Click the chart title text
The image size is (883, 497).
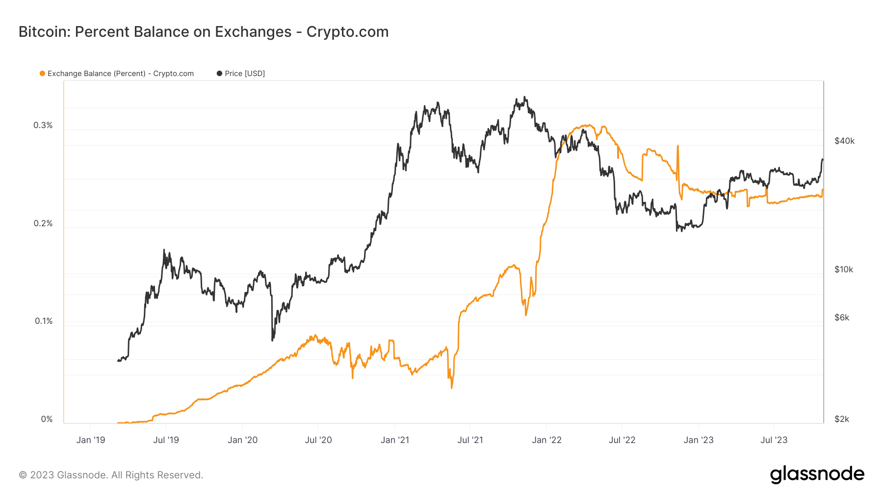204,32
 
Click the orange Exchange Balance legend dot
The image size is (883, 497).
43,74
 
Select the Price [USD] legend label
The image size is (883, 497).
244,74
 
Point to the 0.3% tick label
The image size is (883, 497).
43,125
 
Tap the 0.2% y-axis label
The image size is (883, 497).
43,223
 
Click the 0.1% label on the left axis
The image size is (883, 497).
44,321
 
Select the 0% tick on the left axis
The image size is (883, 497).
47,419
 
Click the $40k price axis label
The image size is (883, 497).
844,141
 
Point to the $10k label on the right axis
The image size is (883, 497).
844,269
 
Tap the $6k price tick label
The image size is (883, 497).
842,317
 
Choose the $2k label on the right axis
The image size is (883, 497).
842,419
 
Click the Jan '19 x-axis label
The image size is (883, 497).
91,440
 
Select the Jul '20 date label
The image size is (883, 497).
318,440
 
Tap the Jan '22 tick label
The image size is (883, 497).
546,440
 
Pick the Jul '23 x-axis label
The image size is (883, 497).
774,440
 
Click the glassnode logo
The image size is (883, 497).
817,474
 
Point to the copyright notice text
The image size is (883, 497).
111,475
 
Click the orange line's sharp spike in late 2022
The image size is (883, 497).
678,146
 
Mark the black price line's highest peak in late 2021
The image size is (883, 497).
525,97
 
